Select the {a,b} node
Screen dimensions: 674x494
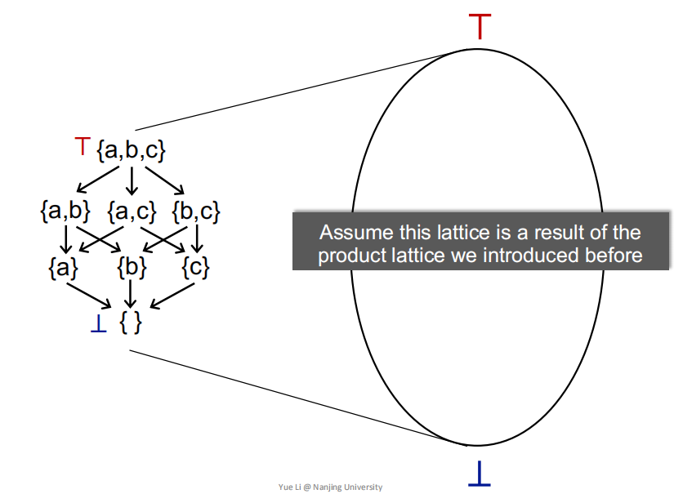point(65,211)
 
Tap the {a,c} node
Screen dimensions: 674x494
point(132,211)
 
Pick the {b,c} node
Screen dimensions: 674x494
point(196,211)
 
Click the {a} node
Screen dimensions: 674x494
point(65,266)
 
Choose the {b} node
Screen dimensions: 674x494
point(132,266)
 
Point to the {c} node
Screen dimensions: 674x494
point(196,266)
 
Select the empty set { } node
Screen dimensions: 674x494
point(131,322)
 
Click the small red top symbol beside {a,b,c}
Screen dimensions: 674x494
point(82,147)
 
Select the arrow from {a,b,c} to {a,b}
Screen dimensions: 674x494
point(94,179)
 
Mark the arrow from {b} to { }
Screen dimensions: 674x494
point(132,294)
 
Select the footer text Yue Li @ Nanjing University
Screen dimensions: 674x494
point(329,487)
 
